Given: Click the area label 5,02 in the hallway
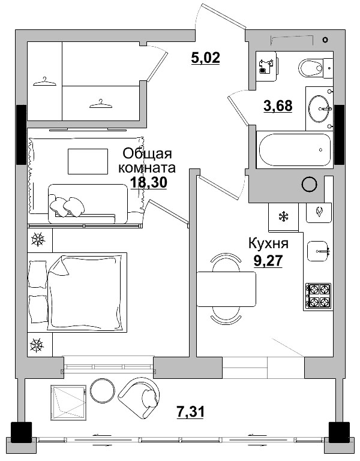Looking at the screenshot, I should click(x=206, y=58).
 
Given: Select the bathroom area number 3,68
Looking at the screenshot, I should click(x=278, y=106).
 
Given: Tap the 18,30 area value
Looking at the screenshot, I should click(x=149, y=182).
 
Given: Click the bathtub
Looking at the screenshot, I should click(x=294, y=150).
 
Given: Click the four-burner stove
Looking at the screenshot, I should click(x=318, y=295).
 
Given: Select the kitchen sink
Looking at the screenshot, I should click(x=318, y=250).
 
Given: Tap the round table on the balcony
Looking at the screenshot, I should click(x=103, y=391).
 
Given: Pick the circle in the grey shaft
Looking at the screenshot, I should click(x=309, y=185).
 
